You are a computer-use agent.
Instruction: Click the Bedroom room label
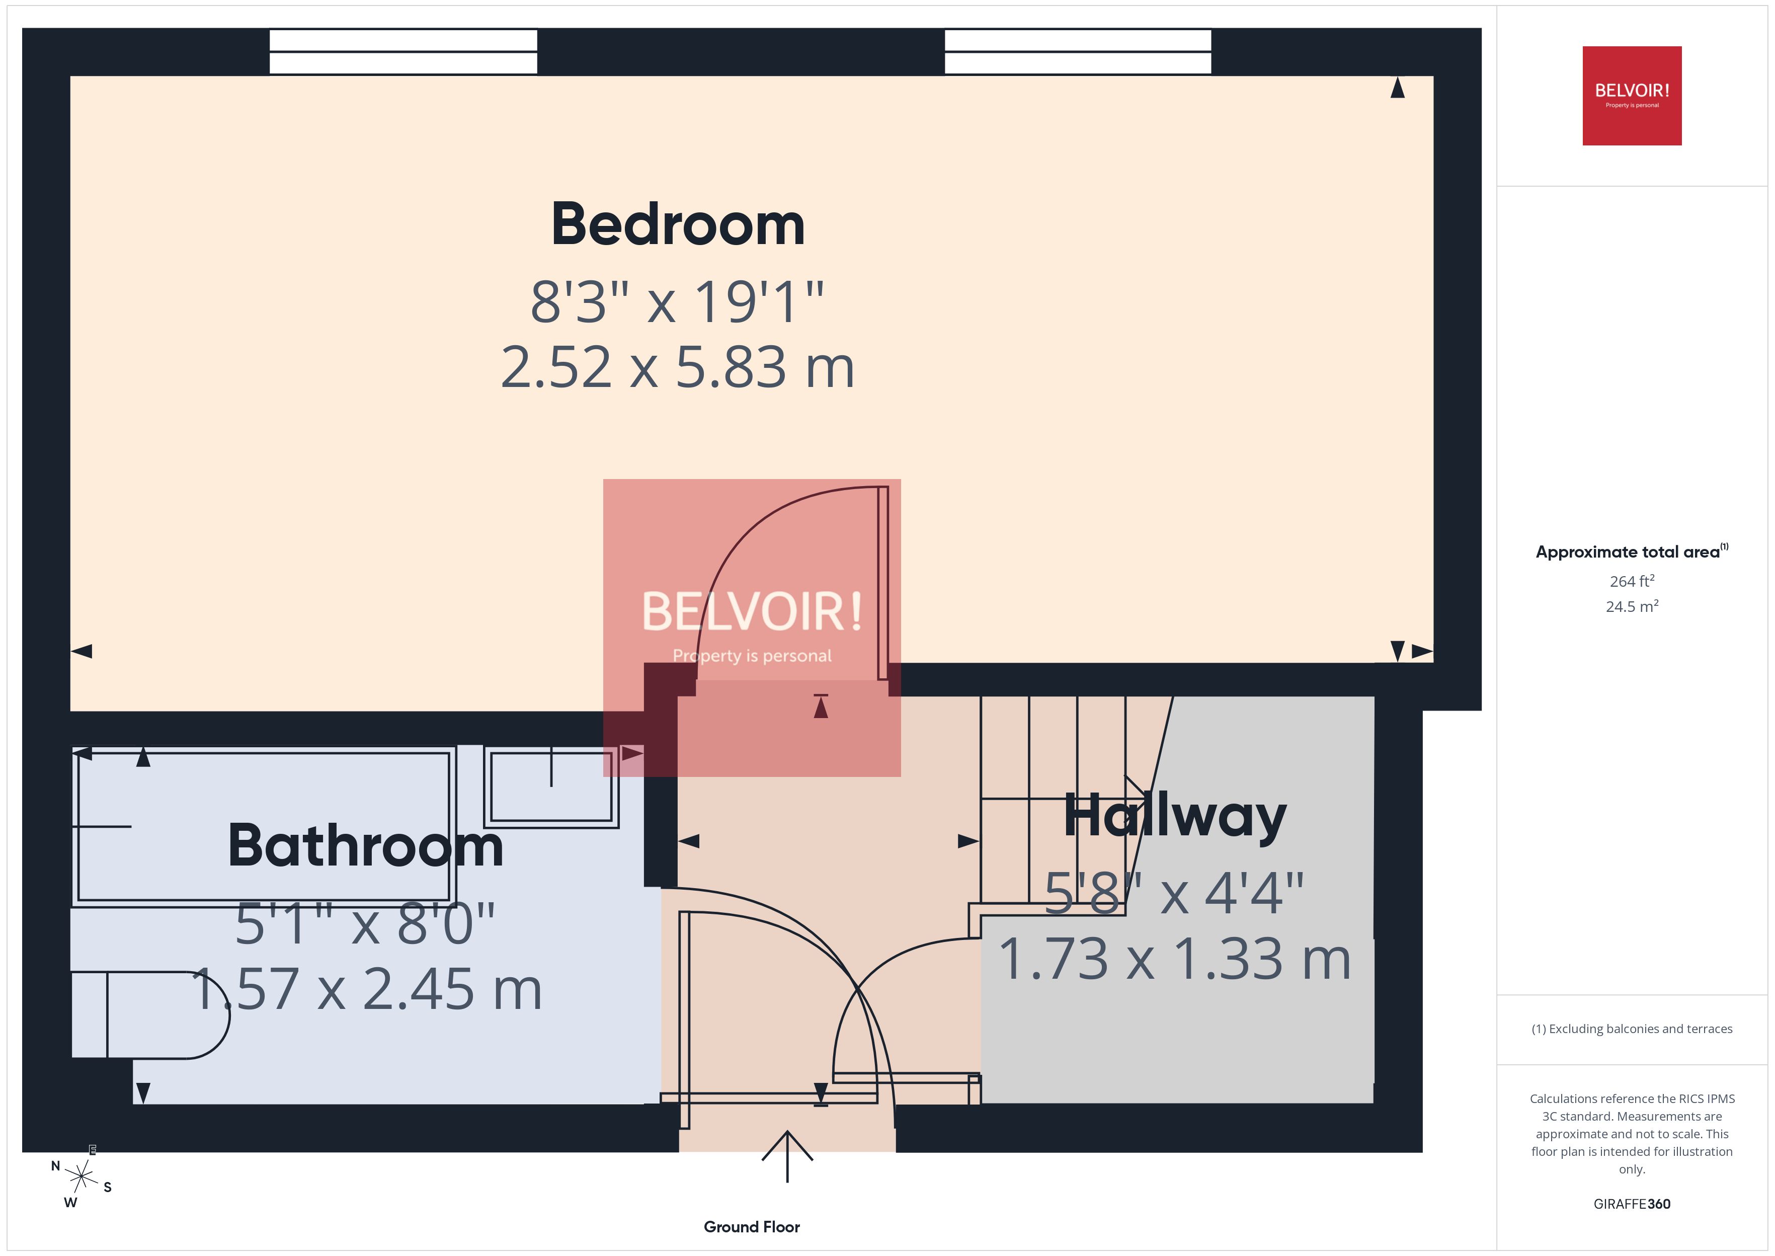pos(677,225)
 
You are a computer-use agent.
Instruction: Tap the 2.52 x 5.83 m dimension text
pos(677,367)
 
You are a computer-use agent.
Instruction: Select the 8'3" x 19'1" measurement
pos(677,301)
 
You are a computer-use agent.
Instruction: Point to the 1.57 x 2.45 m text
pos(366,989)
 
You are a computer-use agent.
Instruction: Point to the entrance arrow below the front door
pos(787,1156)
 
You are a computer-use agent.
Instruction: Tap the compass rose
pos(80,1177)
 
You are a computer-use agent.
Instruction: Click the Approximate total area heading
pos(1630,552)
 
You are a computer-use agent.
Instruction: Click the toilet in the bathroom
pos(154,1014)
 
